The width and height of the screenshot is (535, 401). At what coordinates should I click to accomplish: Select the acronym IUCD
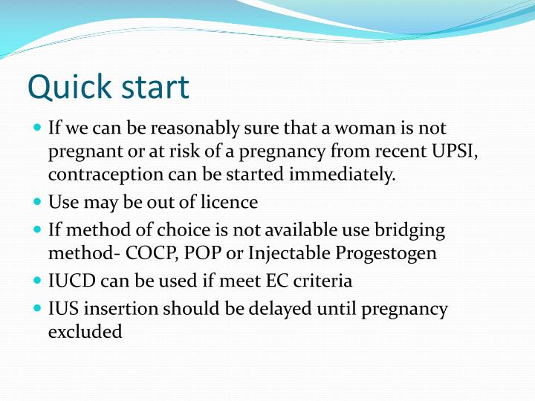click(x=69, y=281)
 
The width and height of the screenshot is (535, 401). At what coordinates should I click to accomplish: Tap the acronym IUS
click(x=62, y=308)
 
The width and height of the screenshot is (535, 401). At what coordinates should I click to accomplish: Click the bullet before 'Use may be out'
click(x=38, y=201)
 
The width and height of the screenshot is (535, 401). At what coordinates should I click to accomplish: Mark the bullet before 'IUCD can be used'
click(x=38, y=281)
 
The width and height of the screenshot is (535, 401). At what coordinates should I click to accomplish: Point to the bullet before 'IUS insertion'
click(x=38, y=308)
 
